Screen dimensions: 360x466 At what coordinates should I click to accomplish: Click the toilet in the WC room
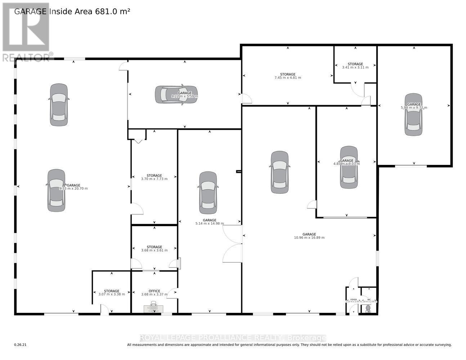click(368, 309)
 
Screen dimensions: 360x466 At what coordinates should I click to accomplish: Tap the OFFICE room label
click(154, 291)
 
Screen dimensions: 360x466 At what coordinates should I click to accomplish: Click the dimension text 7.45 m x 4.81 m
click(288, 78)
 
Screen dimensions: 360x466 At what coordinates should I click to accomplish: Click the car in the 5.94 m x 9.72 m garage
click(413, 114)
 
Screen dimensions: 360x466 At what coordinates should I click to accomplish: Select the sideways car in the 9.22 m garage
click(176, 95)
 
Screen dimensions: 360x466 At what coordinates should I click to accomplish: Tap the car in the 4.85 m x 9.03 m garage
click(349, 167)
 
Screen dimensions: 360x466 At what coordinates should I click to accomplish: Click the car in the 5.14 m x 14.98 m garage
click(208, 193)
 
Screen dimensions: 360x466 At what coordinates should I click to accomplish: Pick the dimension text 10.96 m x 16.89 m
click(309, 238)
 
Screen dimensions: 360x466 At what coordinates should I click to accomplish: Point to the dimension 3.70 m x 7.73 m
click(154, 179)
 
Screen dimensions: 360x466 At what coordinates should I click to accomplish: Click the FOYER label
click(353, 300)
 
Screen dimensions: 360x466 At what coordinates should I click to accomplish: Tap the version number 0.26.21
click(21, 345)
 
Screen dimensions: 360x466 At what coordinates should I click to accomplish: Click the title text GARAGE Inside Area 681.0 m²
click(72, 11)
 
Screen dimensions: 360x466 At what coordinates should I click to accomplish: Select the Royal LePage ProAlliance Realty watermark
click(233, 338)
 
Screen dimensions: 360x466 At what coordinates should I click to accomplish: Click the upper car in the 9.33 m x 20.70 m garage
click(59, 105)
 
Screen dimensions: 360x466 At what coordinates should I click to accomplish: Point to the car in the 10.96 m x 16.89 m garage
click(279, 172)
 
